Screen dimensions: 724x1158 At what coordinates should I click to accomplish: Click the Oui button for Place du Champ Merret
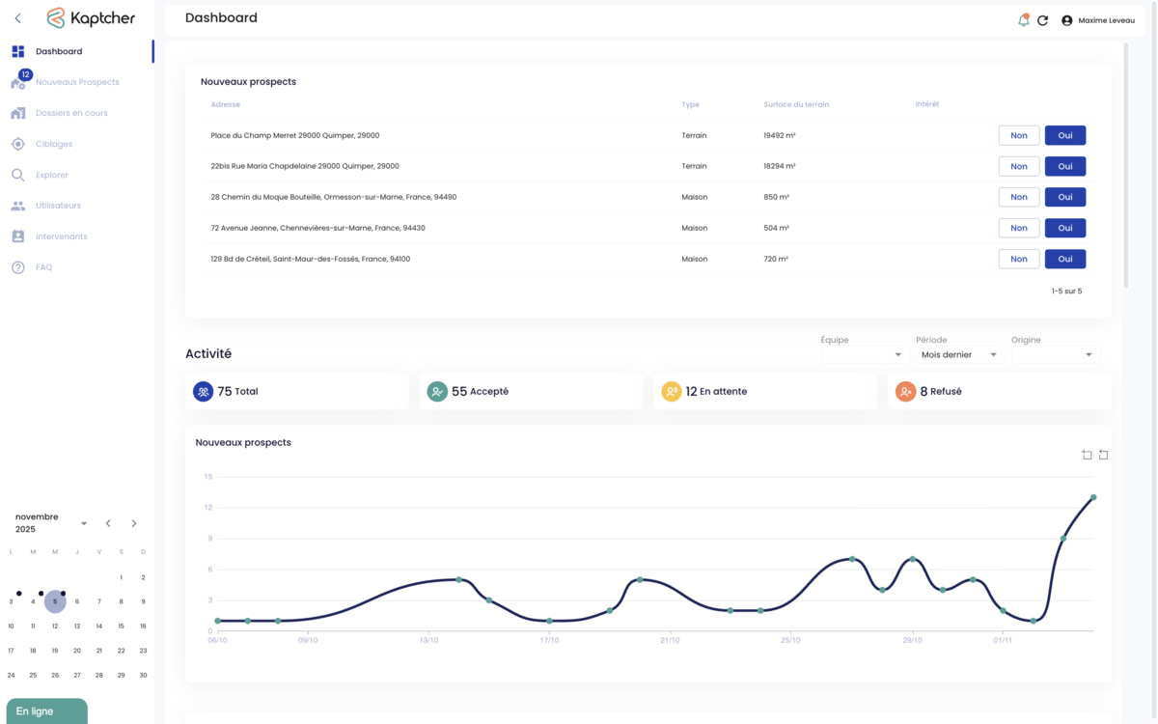pyautogui.click(x=1064, y=135)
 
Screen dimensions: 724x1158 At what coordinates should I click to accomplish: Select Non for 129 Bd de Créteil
pyautogui.click(x=1018, y=259)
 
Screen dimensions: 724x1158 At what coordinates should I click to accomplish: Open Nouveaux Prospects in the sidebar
pyautogui.click(x=77, y=82)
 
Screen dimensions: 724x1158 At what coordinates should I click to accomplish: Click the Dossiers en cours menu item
pyautogui.click(x=71, y=113)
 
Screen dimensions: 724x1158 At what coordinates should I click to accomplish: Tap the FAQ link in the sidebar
pyautogui.click(x=43, y=267)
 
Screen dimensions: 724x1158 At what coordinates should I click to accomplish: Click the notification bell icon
pyautogui.click(x=1023, y=20)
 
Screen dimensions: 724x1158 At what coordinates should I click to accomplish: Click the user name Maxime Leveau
pyautogui.click(x=1106, y=20)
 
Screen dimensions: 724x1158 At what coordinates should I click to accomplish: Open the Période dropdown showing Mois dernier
pyautogui.click(x=959, y=355)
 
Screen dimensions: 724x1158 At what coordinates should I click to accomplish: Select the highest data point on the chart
pyautogui.click(x=1093, y=497)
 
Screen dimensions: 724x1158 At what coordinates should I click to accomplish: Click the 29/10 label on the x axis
pyautogui.click(x=912, y=640)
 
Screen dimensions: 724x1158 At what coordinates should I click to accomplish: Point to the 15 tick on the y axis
pyautogui.click(x=207, y=477)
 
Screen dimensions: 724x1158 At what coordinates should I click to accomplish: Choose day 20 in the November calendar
pyautogui.click(x=77, y=651)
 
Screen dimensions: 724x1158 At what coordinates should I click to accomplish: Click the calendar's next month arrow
pyautogui.click(x=134, y=523)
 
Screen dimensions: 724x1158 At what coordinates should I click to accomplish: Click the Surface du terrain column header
pyautogui.click(x=795, y=104)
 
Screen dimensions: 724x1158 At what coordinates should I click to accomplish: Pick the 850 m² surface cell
pyautogui.click(x=776, y=197)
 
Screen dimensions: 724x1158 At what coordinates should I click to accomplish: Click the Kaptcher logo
pyautogui.click(x=91, y=18)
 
